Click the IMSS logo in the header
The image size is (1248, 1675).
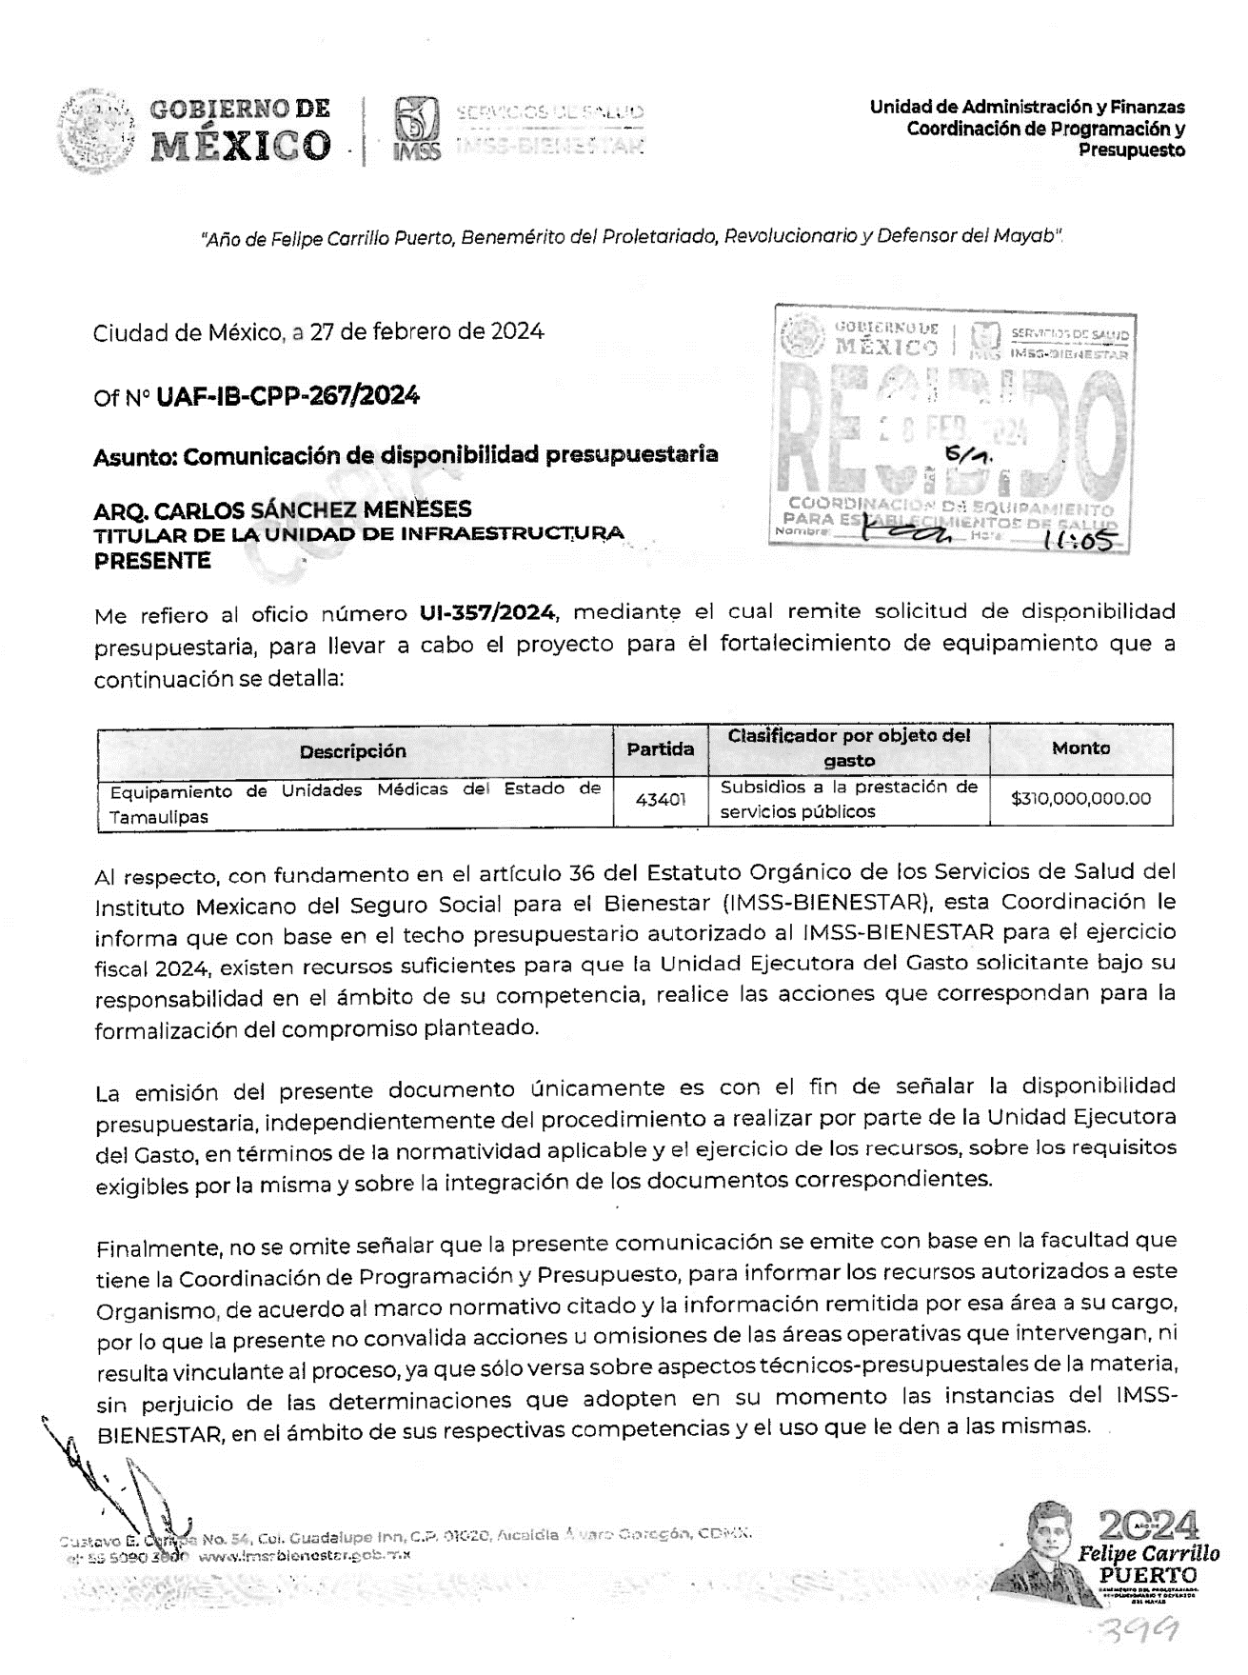416,130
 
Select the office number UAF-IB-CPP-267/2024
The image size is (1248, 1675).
287,395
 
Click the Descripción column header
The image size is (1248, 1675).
353,751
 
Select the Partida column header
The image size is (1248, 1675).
660,749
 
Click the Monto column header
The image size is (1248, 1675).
1080,748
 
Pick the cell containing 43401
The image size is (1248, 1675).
660,800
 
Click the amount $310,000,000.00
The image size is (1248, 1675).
1080,799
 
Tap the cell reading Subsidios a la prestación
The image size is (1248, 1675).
848,800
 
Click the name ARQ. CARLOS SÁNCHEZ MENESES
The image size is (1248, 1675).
283,510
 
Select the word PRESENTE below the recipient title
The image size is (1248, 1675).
152,561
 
